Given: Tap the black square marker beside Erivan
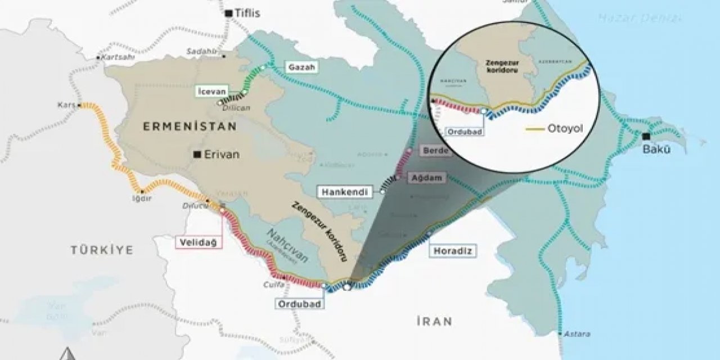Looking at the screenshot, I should [196, 154].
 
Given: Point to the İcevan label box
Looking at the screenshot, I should [211, 90].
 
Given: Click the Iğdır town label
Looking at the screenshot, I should [145, 197].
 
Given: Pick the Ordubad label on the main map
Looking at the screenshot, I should [298, 303].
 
